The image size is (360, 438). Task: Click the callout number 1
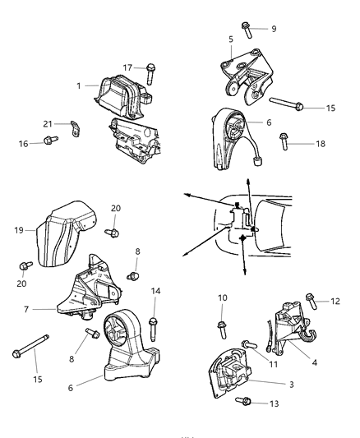[x=79, y=85]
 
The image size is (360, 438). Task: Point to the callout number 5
[x=231, y=38]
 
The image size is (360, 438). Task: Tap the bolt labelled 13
[x=244, y=401]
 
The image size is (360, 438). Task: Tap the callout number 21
[x=48, y=124]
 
